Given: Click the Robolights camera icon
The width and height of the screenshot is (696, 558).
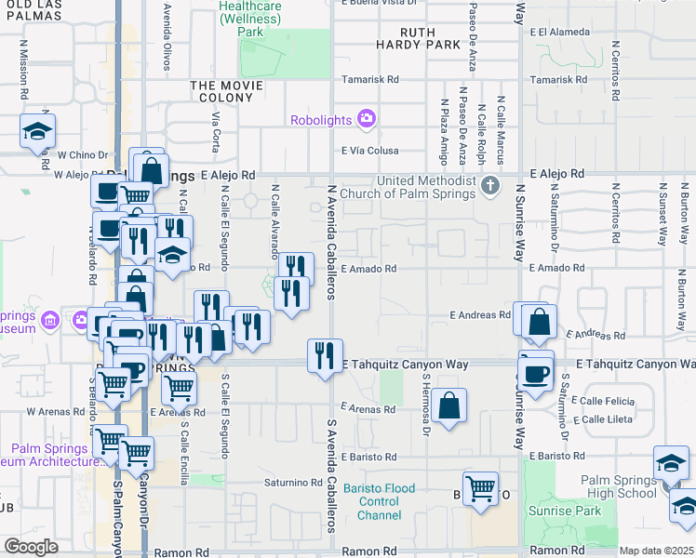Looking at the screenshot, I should (x=367, y=119).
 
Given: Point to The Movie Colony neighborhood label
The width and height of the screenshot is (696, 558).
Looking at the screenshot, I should (x=228, y=92).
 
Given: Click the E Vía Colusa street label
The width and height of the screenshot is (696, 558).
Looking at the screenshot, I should (x=370, y=151).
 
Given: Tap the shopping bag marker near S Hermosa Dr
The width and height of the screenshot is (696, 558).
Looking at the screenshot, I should (x=448, y=405).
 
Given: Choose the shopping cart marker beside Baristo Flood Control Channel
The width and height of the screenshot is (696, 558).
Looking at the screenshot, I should (x=480, y=486).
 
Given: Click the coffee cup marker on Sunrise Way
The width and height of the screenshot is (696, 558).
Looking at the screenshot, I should (x=535, y=374).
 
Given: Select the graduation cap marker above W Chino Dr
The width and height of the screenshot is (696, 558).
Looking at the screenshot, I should (x=37, y=131).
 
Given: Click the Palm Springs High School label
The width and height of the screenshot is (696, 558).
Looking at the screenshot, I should (x=619, y=486).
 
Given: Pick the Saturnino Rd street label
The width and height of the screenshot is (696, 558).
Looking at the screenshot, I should (x=293, y=483).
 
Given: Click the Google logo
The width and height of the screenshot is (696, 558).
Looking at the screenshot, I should (x=31, y=546).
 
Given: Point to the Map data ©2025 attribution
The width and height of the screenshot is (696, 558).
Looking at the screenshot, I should (x=655, y=551).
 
